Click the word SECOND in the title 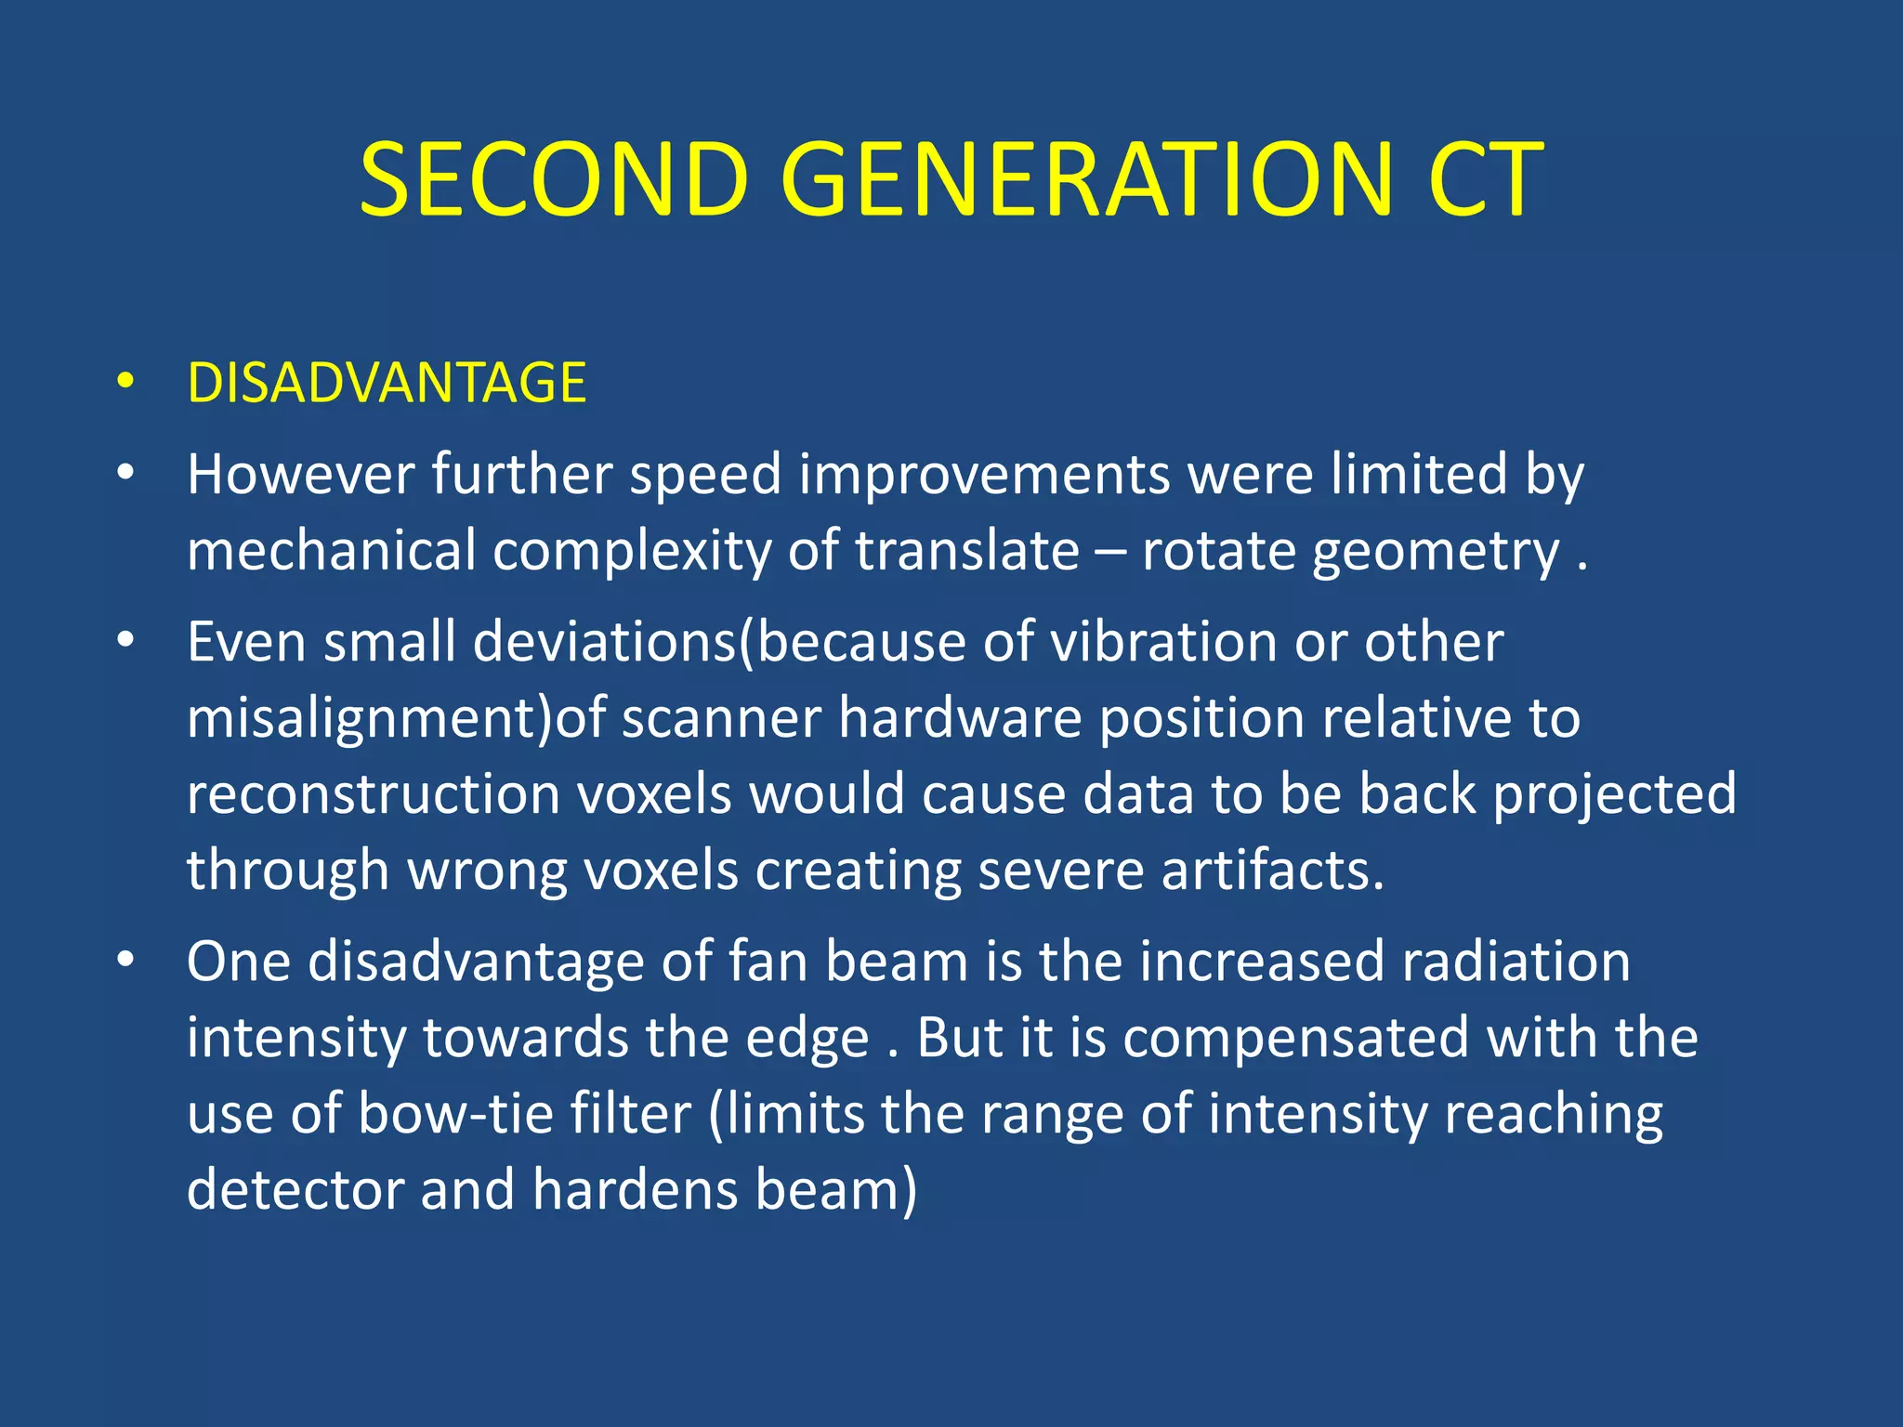(x=554, y=179)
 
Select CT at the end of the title (x=1484, y=179)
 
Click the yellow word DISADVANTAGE (x=387, y=383)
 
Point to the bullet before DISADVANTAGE (x=125, y=382)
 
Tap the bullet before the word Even (x=125, y=640)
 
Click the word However (x=300, y=474)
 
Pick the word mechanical (x=332, y=550)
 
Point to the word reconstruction (x=373, y=794)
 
